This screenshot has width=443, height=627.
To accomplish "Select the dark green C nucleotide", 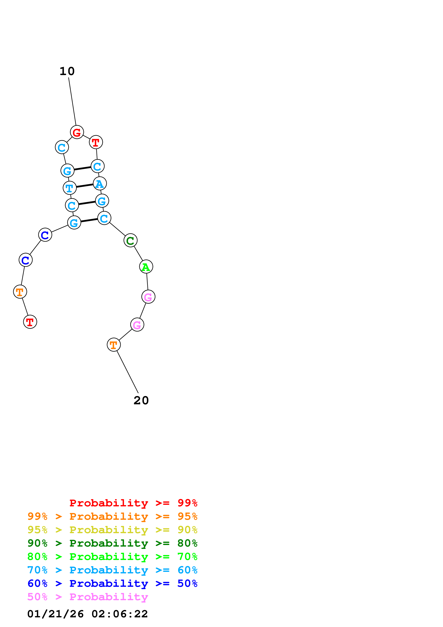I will (130, 241).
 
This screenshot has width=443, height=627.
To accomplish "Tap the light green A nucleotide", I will (146, 266).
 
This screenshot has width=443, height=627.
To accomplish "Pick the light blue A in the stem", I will (100, 184).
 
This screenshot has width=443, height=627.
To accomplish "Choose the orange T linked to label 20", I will (113, 345).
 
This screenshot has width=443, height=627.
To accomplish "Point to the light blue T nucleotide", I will (70, 188).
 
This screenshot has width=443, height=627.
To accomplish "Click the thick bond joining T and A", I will (85, 186).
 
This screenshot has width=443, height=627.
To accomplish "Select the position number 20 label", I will (141, 401).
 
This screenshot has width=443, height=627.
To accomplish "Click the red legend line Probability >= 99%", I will (133, 503).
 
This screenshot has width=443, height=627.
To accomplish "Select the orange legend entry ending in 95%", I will (112, 516).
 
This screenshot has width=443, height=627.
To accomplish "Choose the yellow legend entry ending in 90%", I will (112, 530).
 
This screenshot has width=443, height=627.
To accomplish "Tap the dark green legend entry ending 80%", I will (112, 543).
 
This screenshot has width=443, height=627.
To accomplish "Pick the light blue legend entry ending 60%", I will (112, 570).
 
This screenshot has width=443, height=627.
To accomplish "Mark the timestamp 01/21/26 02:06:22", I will (88, 614).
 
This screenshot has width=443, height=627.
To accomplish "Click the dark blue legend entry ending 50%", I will (112, 583).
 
